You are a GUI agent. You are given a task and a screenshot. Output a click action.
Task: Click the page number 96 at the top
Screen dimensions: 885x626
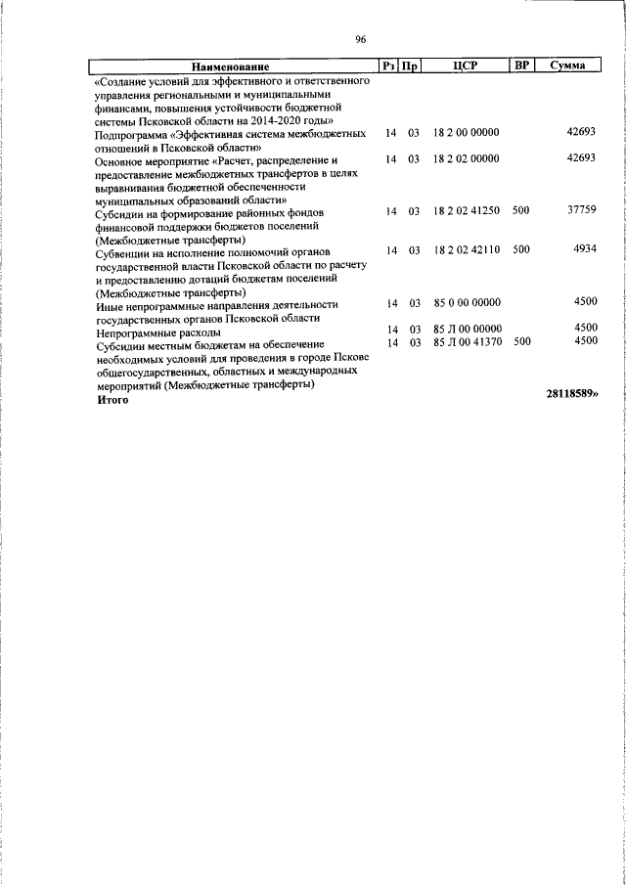tap(360, 39)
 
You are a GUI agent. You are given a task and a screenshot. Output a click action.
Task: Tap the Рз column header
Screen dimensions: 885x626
tap(388, 66)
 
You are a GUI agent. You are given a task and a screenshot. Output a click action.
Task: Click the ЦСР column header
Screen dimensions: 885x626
tap(465, 66)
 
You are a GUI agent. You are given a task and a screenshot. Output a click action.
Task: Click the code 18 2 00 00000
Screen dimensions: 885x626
tap(466, 132)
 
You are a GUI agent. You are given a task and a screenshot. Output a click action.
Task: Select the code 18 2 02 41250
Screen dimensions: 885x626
tap(466, 211)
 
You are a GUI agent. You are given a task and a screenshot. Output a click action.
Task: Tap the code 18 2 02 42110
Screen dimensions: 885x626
tap(466, 250)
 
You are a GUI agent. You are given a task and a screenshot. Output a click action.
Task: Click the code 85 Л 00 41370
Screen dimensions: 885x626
tap(466, 342)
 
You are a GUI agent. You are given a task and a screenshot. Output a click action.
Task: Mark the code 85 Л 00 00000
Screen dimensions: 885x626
tap(466, 329)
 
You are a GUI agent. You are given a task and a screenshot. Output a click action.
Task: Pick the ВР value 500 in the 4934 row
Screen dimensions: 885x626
tap(520, 250)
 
